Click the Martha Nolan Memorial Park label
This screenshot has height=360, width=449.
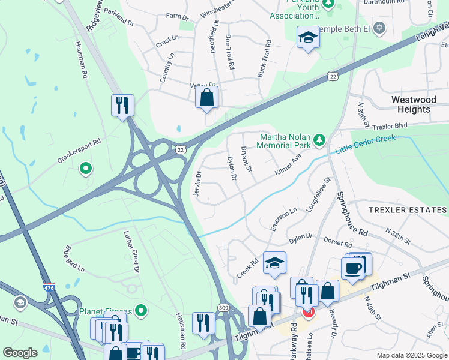coord(285,140)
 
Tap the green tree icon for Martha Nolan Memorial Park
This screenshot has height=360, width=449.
coord(320,140)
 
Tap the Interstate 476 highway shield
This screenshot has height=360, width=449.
coord(49,287)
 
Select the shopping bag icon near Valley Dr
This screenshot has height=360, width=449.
coord(206,97)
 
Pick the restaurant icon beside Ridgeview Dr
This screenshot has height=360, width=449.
coord(122,106)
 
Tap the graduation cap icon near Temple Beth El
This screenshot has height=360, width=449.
coord(308,38)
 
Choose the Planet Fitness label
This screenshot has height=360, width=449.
coord(106,311)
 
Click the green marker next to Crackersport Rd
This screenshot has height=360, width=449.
coord(86,169)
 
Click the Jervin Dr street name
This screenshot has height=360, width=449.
coord(197,182)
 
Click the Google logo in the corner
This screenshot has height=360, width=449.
coord(20,353)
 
